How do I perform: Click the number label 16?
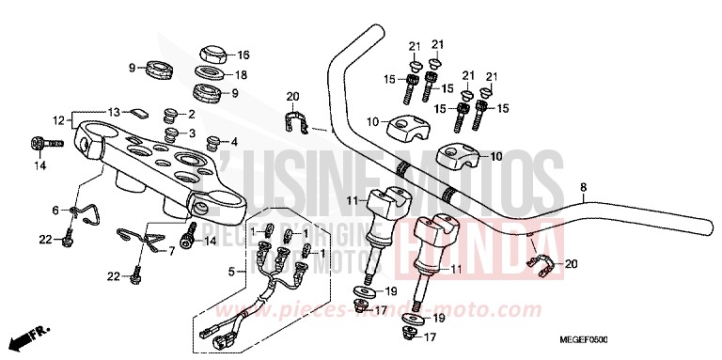point(243,54)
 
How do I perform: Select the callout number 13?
point(113,109)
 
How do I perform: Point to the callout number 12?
point(59,119)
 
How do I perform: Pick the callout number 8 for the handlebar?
point(583,187)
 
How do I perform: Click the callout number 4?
point(235,143)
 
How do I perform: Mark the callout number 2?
point(191,115)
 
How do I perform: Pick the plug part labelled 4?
point(212,143)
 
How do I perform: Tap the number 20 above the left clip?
point(291,96)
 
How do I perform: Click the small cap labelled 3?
point(169,133)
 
